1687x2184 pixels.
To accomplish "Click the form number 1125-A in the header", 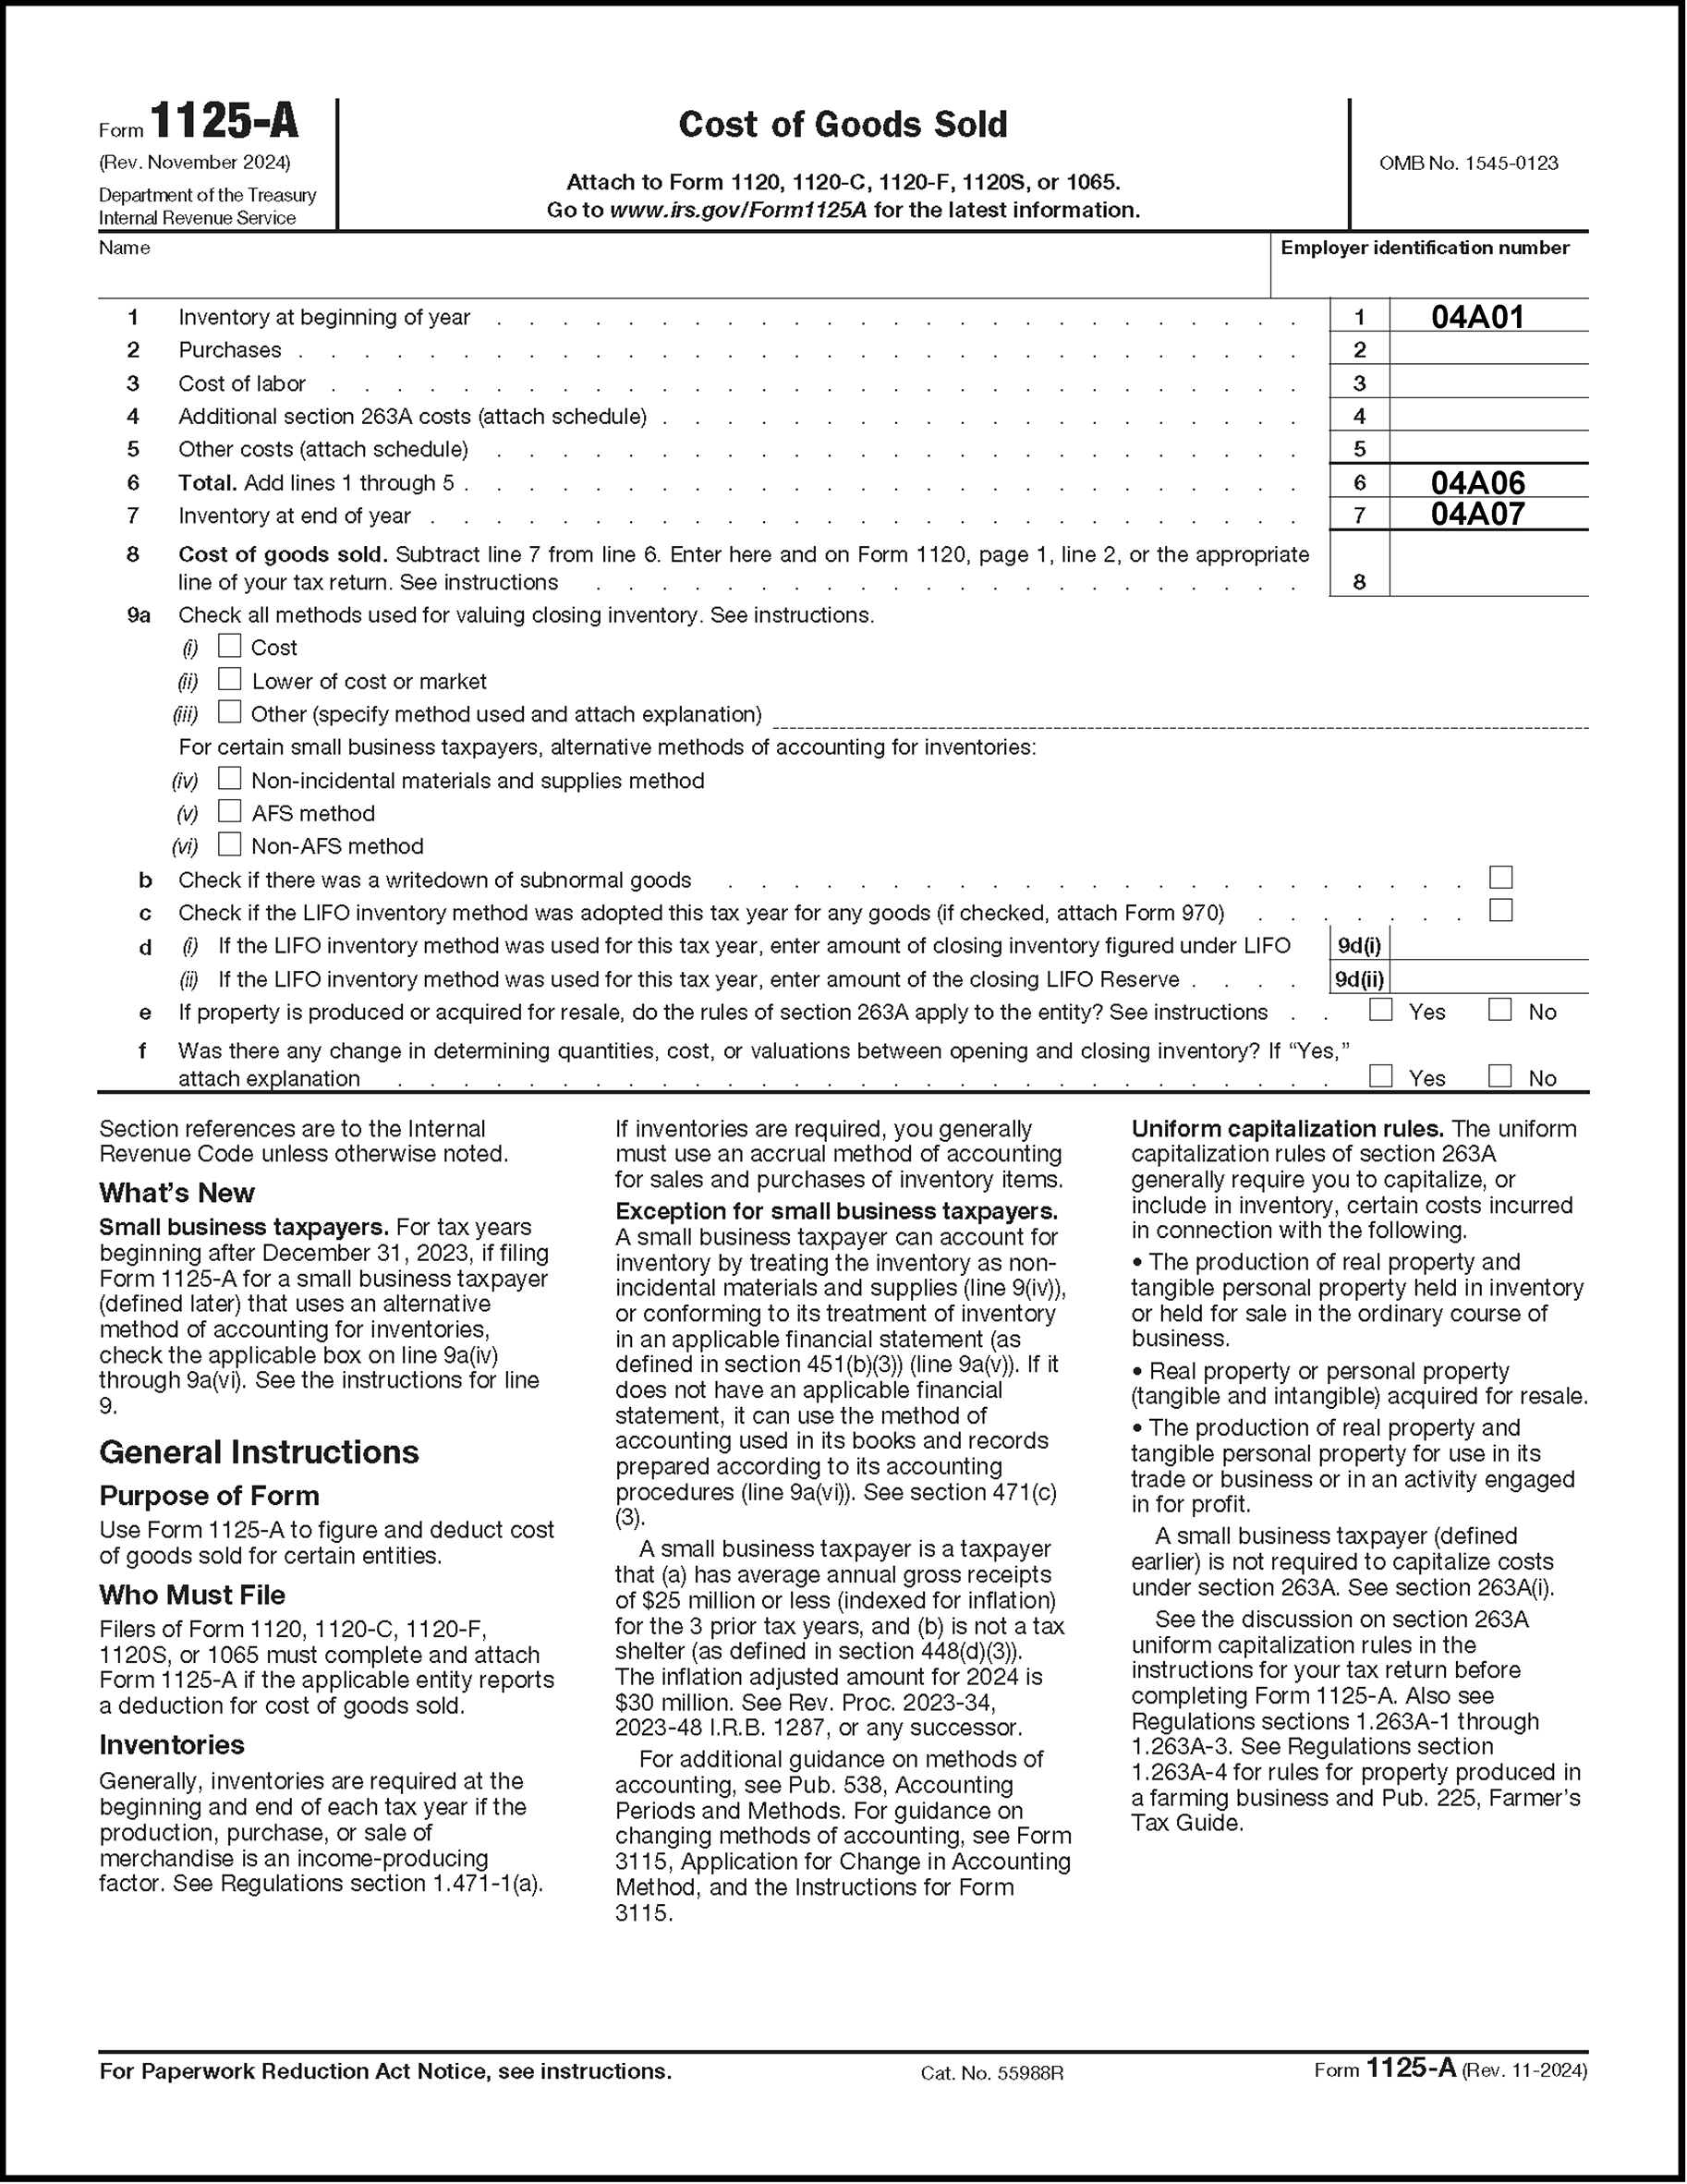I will (x=224, y=123).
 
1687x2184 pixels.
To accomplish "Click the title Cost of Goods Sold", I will (x=842, y=124).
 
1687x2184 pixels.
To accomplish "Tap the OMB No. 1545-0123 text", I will (x=1467, y=163).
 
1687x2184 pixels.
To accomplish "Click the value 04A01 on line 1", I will (x=1477, y=317).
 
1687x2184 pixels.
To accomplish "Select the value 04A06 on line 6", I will (x=1477, y=483).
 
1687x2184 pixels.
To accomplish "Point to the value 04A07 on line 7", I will (x=1477, y=514).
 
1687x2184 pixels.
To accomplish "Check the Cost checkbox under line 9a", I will (x=230, y=646).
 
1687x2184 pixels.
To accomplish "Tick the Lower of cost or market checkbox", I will (x=230, y=679).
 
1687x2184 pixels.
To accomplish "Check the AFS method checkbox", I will (x=230, y=811).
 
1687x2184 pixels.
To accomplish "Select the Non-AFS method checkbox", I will (x=230, y=844).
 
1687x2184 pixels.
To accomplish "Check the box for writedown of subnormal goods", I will (x=1500, y=878).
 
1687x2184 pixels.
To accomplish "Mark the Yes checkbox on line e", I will (x=1380, y=1010).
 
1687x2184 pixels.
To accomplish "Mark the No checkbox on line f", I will (x=1499, y=1076).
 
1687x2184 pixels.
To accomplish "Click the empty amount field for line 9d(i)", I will (x=1487, y=945).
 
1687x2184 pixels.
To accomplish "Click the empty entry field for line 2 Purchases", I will (x=1487, y=349).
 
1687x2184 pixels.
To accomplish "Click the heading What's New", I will (x=177, y=1193).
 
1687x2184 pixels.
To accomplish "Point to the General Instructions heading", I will (x=259, y=1452).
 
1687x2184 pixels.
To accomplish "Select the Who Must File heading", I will (x=192, y=1595).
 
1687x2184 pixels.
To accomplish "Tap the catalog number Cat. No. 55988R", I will (x=991, y=2073).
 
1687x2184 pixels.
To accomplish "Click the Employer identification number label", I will (x=1424, y=248).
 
